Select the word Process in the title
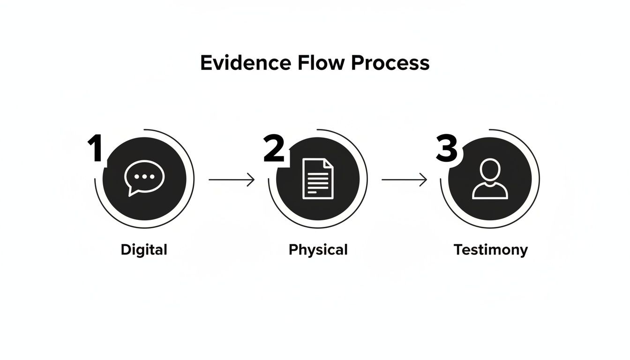click(x=390, y=63)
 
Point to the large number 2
click(x=274, y=149)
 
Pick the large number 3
click(x=446, y=149)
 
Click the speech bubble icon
click(x=144, y=178)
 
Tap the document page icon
click(x=318, y=179)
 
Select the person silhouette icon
click(x=490, y=179)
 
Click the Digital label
click(x=144, y=249)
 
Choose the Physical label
click(x=318, y=249)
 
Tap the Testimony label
click(x=490, y=249)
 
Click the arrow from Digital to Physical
click(x=231, y=180)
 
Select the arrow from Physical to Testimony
click(x=404, y=180)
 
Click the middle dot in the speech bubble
click(x=144, y=176)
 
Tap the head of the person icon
click(x=490, y=169)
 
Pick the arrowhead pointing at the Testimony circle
click(x=425, y=180)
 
